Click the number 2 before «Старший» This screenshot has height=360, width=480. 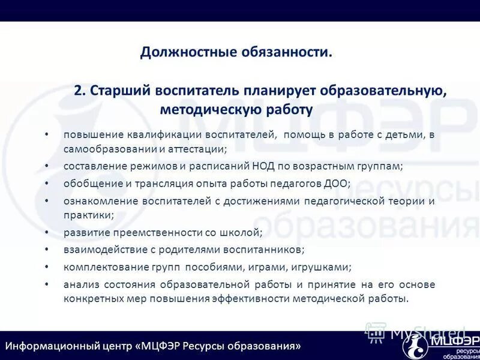78,91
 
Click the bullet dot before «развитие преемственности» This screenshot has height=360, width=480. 47,232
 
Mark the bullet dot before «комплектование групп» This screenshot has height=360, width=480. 47,266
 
